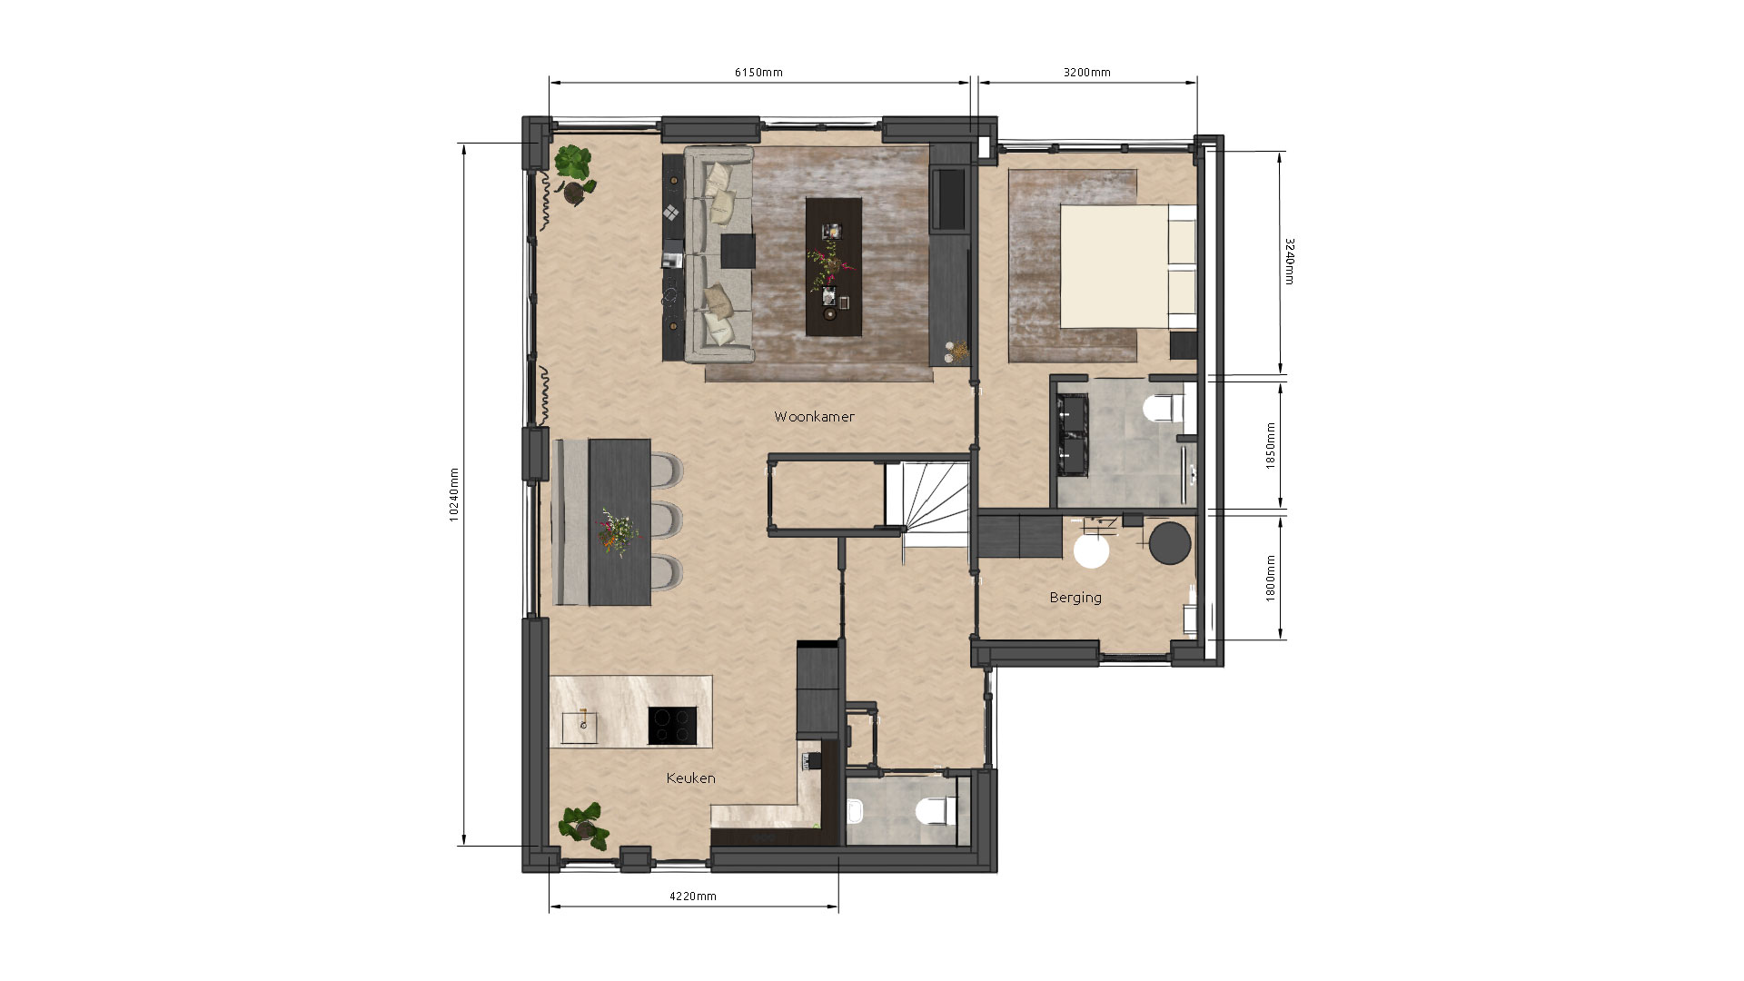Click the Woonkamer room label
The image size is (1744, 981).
[814, 417]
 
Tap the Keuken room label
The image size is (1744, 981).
[690, 778]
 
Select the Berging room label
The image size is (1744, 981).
[1075, 598]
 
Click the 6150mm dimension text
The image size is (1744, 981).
[758, 73]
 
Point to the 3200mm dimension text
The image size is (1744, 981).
[1087, 73]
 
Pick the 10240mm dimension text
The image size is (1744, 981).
[454, 495]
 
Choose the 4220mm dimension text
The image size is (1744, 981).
[693, 897]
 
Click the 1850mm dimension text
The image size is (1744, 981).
[1272, 445]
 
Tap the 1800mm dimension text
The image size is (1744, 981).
[1272, 578]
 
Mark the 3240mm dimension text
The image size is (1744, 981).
[1289, 262]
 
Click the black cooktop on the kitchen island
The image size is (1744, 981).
[673, 726]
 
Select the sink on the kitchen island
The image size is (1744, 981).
[581, 727]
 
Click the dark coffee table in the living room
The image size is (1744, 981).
[833, 267]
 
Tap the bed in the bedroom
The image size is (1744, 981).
[1128, 265]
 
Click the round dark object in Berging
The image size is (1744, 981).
[1169, 542]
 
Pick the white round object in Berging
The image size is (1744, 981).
[1091, 550]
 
